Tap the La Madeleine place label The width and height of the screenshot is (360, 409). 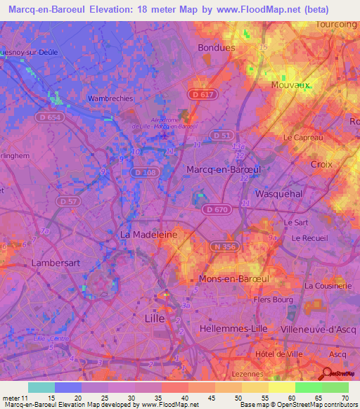point(148,233)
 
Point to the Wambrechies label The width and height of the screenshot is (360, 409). point(110,98)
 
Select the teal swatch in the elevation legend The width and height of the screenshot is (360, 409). point(41,387)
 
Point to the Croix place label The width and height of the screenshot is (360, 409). point(320,164)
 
